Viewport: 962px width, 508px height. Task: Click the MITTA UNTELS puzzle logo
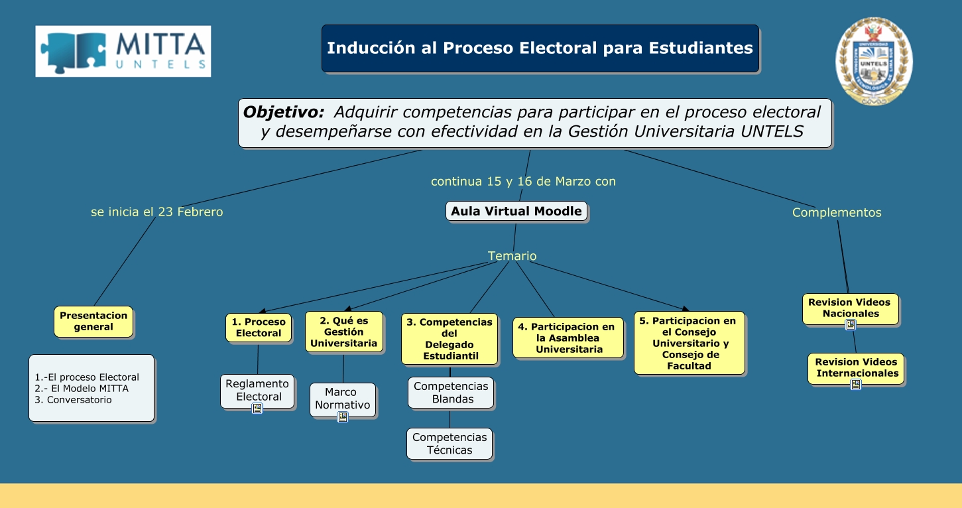(x=123, y=51)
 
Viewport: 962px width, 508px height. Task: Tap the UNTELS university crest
(x=874, y=61)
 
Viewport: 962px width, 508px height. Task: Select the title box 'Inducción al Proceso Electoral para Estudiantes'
(x=540, y=48)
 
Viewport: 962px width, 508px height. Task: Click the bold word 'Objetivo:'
(x=284, y=112)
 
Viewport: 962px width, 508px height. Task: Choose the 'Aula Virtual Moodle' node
(x=516, y=212)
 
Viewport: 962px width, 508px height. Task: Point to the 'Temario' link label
(x=512, y=256)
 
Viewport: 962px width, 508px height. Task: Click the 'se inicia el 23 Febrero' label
(x=157, y=212)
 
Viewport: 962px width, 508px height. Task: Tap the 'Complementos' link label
(x=837, y=213)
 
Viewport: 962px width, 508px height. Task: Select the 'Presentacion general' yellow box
(x=93, y=322)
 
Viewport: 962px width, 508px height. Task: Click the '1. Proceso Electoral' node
(x=259, y=328)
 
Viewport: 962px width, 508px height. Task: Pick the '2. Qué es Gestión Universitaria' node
(x=343, y=332)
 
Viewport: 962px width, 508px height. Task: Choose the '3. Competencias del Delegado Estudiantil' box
(x=450, y=339)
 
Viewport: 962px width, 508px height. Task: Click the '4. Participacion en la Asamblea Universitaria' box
(x=568, y=338)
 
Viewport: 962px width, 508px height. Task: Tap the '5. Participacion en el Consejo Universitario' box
(x=689, y=343)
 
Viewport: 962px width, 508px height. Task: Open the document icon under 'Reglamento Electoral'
(x=257, y=409)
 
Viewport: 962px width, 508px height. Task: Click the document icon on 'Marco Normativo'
(x=343, y=417)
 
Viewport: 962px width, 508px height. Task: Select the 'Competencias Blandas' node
(x=451, y=393)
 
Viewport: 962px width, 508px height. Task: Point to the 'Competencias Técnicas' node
(x=450, y=444)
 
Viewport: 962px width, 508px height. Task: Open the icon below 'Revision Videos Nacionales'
(x=851, y=325)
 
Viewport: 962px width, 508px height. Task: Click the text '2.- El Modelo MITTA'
(x=82, y=389)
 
